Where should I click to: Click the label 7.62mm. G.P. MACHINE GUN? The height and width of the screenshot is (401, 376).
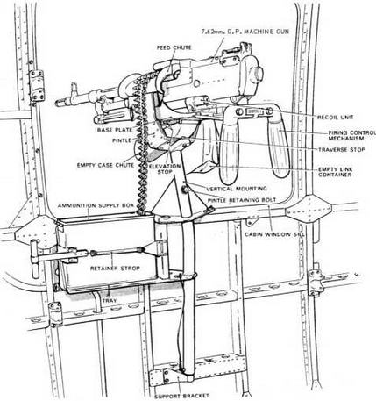[x=245, y=32]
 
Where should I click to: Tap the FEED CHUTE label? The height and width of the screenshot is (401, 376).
[x=174, y=47]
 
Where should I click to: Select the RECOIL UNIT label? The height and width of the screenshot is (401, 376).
[x=336, y=118]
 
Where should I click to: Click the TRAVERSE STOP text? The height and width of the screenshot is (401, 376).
[x=342, y=149]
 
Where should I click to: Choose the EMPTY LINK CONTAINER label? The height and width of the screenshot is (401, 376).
[x=336, y=172]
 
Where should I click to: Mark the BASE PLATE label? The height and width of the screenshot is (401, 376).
[x=115, y=130]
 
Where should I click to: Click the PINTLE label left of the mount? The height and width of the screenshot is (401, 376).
[x=122, y=140]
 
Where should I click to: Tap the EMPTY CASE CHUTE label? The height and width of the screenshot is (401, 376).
[x=105, y=165]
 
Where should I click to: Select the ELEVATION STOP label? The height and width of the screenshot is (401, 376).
[x=165, y=169]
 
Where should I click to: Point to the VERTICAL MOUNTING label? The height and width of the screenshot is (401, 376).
[x=237, y=189]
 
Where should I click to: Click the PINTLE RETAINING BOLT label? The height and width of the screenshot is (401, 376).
[x=242, y=200]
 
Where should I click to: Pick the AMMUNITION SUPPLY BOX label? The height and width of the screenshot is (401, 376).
[x=96, y=205]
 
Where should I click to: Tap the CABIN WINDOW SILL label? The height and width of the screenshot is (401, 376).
[x=274, y=234]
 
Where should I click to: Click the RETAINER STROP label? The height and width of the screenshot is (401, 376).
[x=115, y=269]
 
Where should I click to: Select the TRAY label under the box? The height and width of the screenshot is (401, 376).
[x=110, y=300]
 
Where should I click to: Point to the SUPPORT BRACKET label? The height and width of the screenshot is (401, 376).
[x=181, y=396]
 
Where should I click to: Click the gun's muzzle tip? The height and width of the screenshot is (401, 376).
[x=57, y=103]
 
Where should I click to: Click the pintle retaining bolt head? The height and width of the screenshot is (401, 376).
[x=185, y=190]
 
